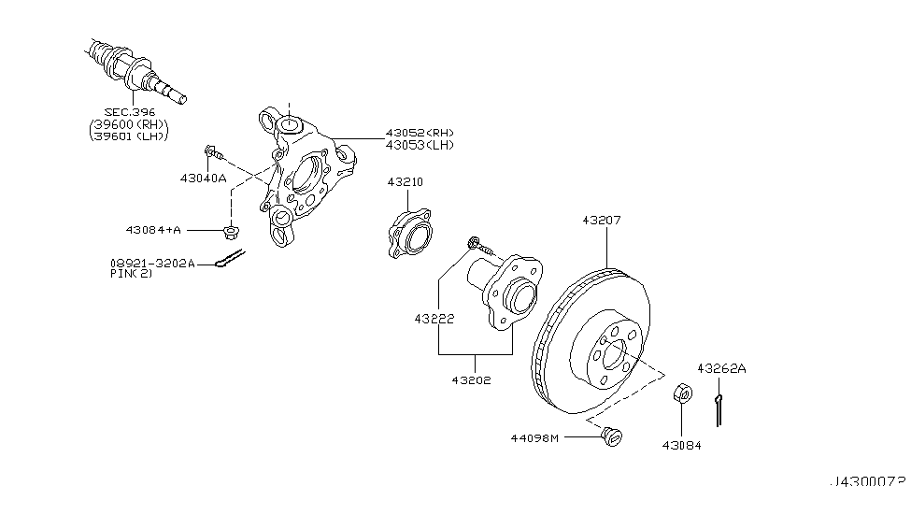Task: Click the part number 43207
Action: [x=601, y=222]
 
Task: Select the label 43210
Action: [x=406, y=182]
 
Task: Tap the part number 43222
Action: [x=435, y=319]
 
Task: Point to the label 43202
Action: [x=473, y=380]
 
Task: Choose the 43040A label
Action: [x=203, y=177]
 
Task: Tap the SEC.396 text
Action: [x=129, y=112]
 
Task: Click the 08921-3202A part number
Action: [x=152, y=264]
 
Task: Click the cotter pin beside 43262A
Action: [x=719, y=409]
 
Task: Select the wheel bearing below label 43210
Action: [x=408, y=234]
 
